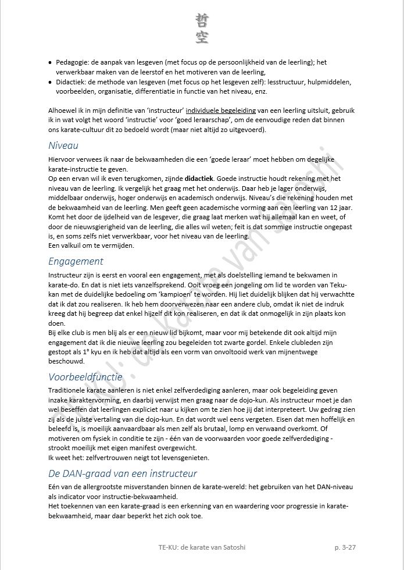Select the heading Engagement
[76, 261]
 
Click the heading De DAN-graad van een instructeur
[122, 473]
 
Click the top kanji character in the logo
[202, 20]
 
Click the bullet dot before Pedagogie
[51, 62]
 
